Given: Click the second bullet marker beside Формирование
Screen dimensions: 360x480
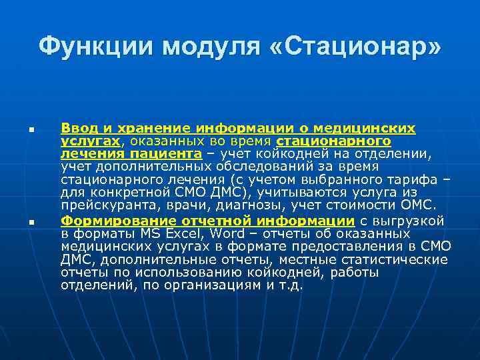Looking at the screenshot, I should pyautogui.click(x=31, y=222).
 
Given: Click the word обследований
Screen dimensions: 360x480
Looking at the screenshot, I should pyautogui.click(x=244, y=167).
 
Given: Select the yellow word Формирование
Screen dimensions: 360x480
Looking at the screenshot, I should pyautogui.click(x=106, y=221).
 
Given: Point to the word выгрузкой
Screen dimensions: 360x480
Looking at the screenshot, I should pyautogui.click(x=419, y=221).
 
